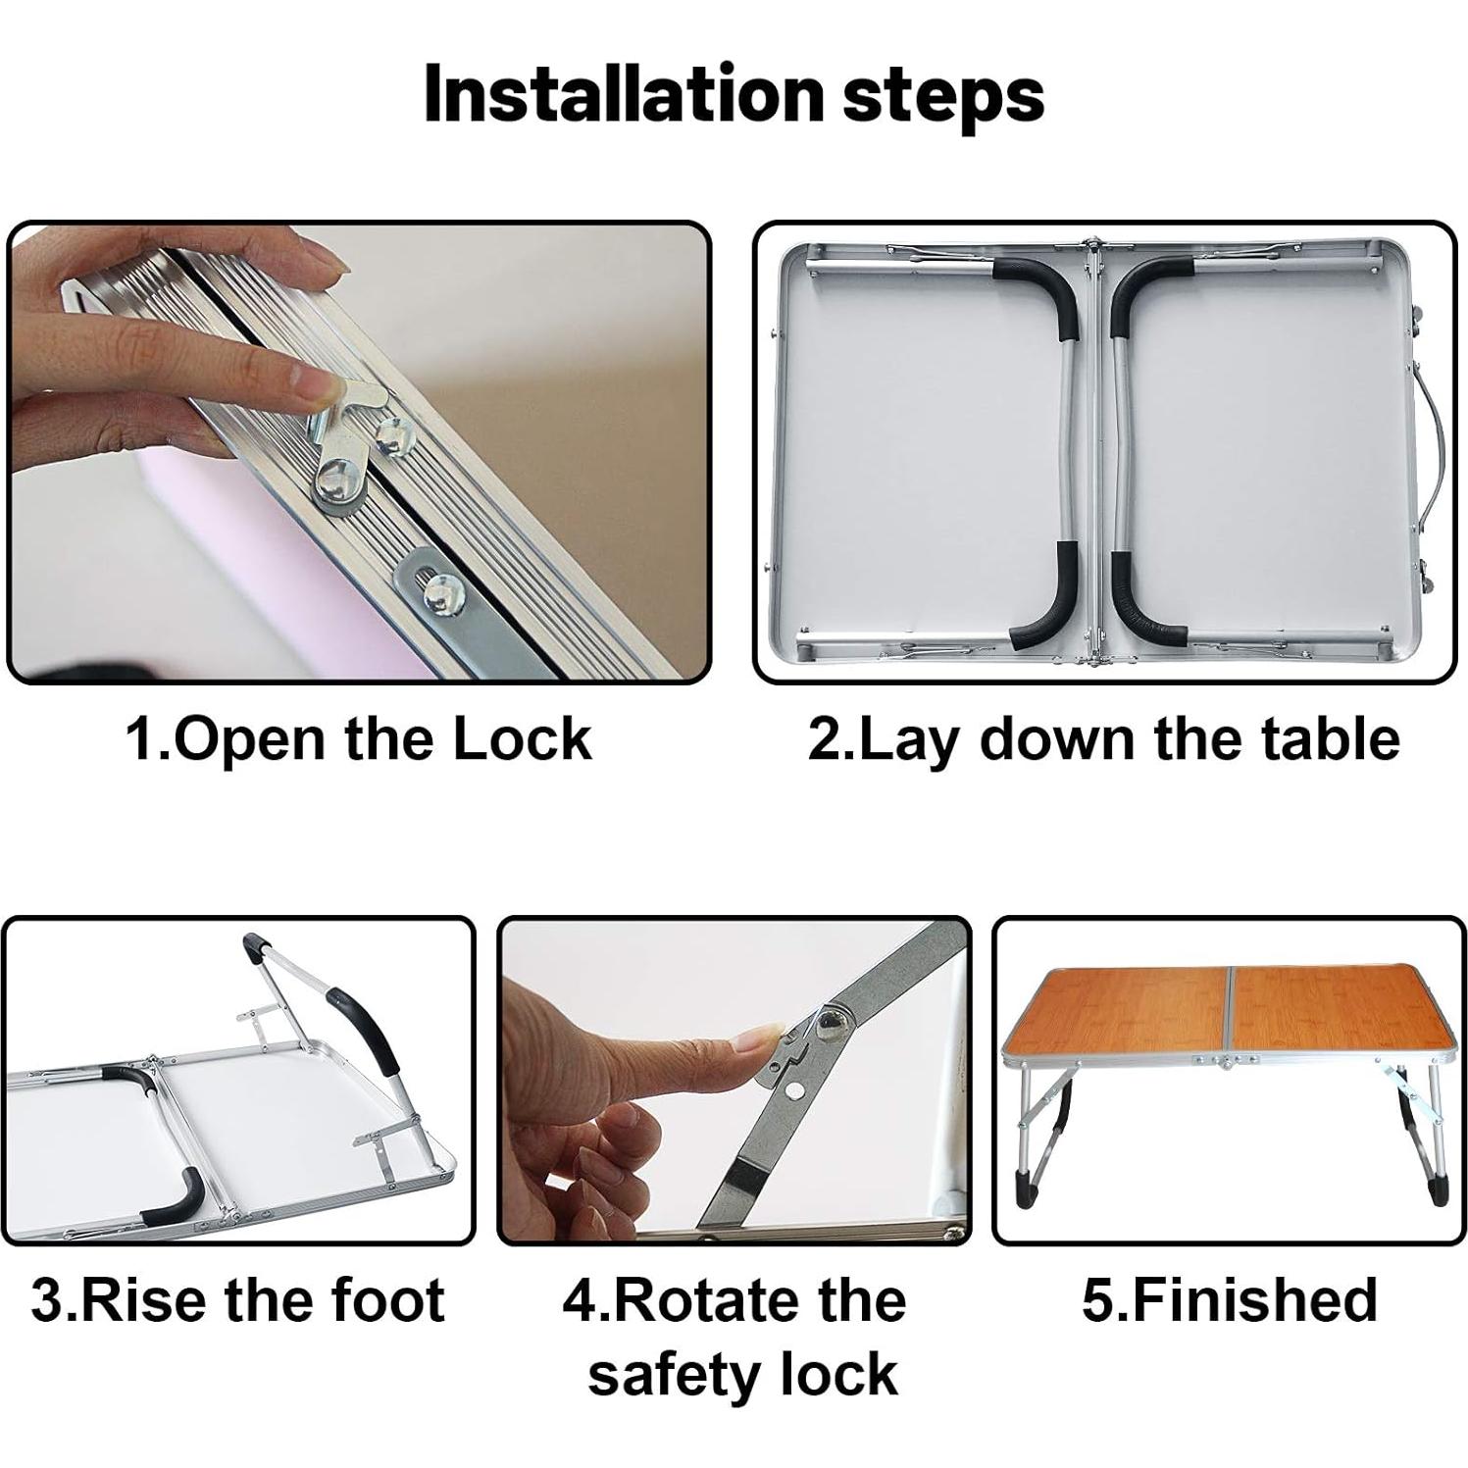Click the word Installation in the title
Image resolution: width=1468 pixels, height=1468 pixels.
[624, 95]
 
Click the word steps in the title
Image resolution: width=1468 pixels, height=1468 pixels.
[942, 95]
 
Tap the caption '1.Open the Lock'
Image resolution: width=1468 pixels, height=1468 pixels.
[359, 738]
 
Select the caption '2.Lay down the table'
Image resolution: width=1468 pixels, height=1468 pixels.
[1103, 738]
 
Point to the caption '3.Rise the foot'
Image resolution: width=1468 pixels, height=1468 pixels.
[238, 1299]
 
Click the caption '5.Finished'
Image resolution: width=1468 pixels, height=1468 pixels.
[1229, 1299]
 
